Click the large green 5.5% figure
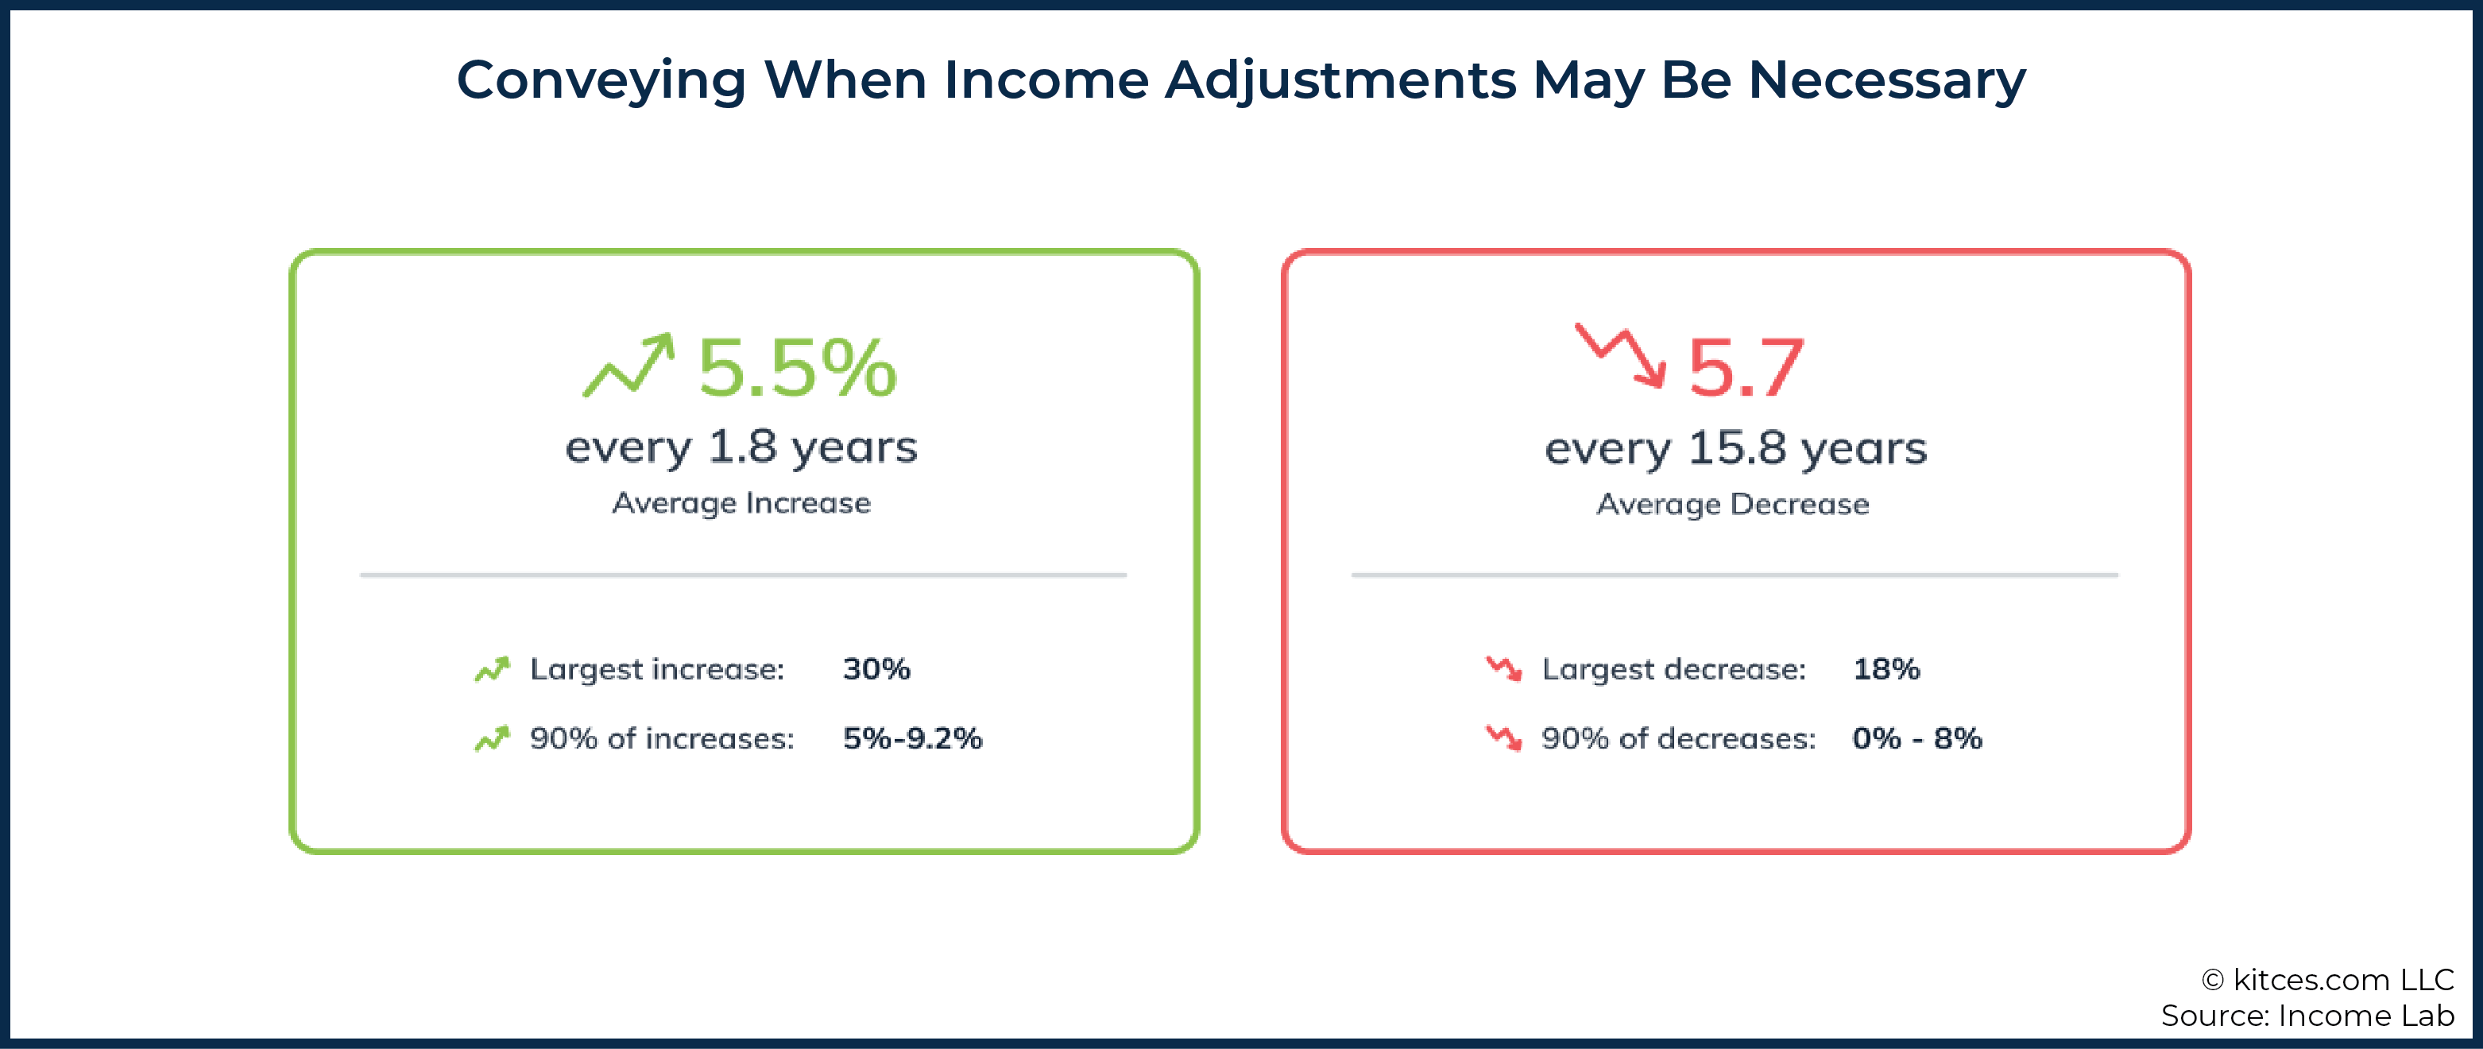pyautogui.click(x=797, y=367)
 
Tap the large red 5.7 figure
pyautogui.click(x=1746, y=367)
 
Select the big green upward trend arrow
pyautogui.click(x=628, y=366)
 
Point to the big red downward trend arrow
pyautogui.click(x=1620, y=354)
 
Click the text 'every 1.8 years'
pyautogui.click(x=741, y=447)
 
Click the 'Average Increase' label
pyautogui.click(x=741, y=503)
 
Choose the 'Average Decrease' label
pyautogui.click(x=1733, y=505)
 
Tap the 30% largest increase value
pyautogui.click(x=876, y=668)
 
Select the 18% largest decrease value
pyautogui.click(x=1886, y=668)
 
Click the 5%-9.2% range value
pyautogui.click(x=912, y=737)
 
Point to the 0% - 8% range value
pyautogui.click(x=1917, y=737)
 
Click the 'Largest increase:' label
pyautogui.click(x=657, y=669)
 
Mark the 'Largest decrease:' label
pyautogui.click(x=1674, y=669)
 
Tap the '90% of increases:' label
pyautogui.click(x=662, y=738)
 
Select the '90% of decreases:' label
pyautogui.click(x=1678, y=738)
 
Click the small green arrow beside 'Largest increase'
pyautogui.click(x=492, y=668)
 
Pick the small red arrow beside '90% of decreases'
pyautogui.click(x=1503, y=737)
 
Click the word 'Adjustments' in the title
pyautogui.click(x=1340, y=81)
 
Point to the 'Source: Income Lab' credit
pyautogui.click(x=2307, y=1016)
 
